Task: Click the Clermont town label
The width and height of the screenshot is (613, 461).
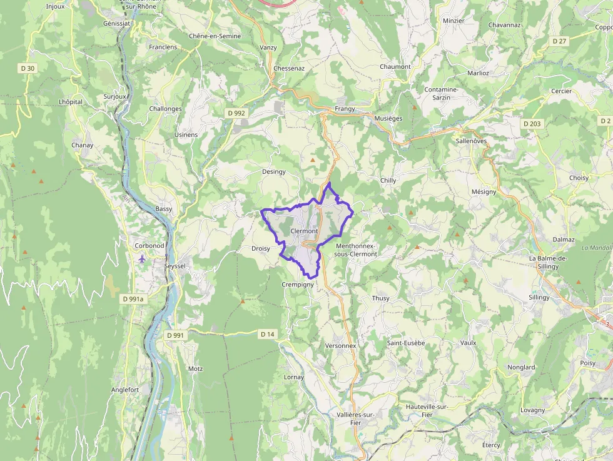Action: [x=304, y=231]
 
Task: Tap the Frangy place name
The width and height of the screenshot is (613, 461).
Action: [x=345, y=109]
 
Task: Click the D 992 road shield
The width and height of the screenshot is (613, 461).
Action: [x=236, y=113]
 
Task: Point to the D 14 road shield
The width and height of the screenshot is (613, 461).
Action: [x=267, y=335]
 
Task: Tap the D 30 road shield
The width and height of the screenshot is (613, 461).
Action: [x=28, y=68]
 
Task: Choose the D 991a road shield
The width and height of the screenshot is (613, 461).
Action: [x=133, y=300]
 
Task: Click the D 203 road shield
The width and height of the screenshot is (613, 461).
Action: [x=532, y=124]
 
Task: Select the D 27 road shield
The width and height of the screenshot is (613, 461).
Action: [x=559, y=41]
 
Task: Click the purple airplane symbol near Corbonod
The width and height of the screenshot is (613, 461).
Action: [x=143, y=258]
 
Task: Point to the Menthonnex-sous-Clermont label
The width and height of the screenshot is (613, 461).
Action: [x=356, y=250]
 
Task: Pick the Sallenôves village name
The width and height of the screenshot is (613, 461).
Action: [x=472, y=141]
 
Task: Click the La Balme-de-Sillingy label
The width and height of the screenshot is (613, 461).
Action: [x=548, y=262]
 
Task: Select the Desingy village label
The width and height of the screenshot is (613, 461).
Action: [x=273, y=171]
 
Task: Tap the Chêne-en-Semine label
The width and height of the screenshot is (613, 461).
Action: [x=215, y=36]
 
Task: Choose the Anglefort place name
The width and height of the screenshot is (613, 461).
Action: [x=124, y=389]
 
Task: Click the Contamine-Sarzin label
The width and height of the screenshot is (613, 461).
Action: [x=441, y=93]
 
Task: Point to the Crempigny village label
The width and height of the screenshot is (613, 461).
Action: [x=297, y=285]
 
